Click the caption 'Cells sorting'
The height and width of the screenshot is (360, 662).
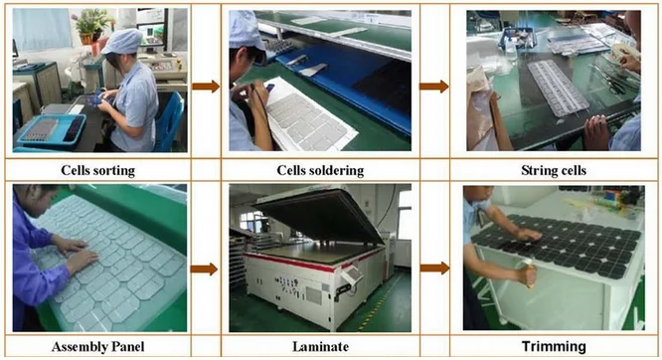tap(98, 171)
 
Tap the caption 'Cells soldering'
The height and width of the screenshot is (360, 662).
tap(320, 171)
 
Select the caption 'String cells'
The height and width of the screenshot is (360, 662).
tap(554, 171)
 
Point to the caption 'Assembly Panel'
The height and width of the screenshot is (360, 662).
tap(98, 347)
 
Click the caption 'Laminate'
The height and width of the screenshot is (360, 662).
tap(320, 347)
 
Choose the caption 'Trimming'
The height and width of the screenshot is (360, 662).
tap(554, 346)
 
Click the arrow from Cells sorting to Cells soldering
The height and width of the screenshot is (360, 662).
tap(206, 87)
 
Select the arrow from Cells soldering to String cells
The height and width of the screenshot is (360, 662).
tap(434, 87)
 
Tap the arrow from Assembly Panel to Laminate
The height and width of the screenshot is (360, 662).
tap(205, 270)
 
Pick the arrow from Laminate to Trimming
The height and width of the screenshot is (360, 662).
tap(434, 268)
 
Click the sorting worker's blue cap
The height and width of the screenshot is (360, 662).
tap(122, 41)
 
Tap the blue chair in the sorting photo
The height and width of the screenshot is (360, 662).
tap(169, 122)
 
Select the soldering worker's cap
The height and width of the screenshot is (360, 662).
tap(246, 30)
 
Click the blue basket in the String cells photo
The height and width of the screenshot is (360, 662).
tap(517, 39)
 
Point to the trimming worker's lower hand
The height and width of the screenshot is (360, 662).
tap(526, 274)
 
